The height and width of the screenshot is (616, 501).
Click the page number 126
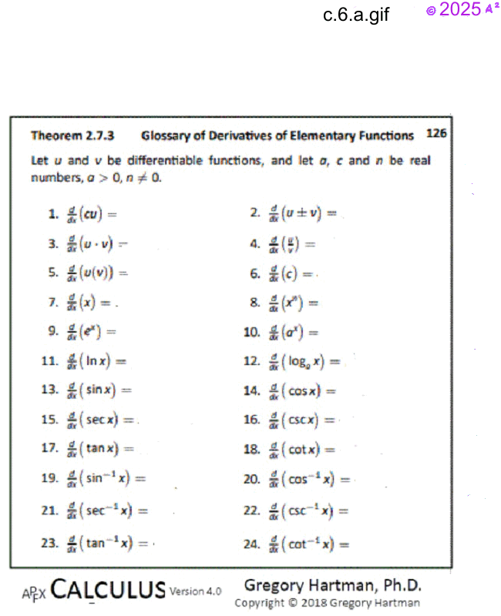tap(436, 133)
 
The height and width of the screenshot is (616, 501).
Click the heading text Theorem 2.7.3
tap(72, 136)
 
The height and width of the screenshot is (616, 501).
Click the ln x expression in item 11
tap(96, 360)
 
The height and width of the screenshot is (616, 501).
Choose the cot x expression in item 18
tap(301, 450)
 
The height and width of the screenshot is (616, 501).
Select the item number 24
tap(250, 544)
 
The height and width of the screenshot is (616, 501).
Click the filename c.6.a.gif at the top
tap(356, 14)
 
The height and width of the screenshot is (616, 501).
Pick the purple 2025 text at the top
tap(460, 10)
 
